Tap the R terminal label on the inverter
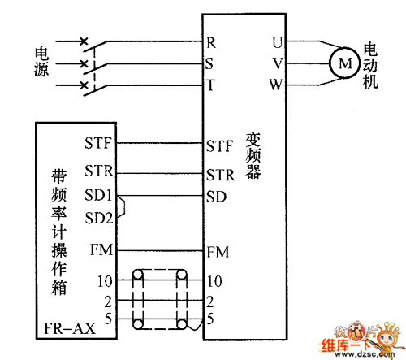[x=211, y=43]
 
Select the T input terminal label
[x=210, y=85]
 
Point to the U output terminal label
[x=278, y=42]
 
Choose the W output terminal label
[x=276, y=85]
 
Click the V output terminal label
[x=278, y=63]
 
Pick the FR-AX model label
[x=70, y=328]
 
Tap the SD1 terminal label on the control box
[x=98, y=195]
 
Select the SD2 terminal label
[x=98, y=218]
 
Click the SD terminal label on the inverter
[x=216, y=197]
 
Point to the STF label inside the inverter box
[x=219, y=146]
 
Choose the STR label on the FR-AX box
[x=99, y=171]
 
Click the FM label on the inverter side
[x=218, y=252]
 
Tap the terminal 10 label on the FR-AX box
[x=105, y=281]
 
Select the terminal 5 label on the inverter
[x=210, y=319]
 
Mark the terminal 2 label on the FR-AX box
[x=108, y=301]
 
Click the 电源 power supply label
[x=41, y=61]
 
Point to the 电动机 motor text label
[x=370, y=65]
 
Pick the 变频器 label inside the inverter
[x=253, y=156]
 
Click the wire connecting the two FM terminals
[x=160, y=251]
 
